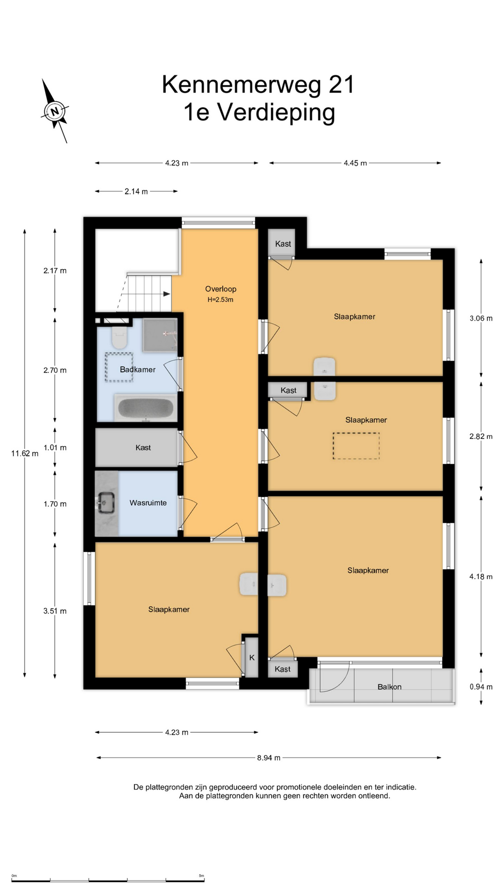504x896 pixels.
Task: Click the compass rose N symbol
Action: click(x=55, y=111)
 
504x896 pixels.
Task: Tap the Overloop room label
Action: click(x=221, y=289)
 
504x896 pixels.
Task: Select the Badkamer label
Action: click(x=138, y=370)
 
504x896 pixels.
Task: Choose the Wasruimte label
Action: click(x=148, y=503)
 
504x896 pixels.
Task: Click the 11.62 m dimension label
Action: click(x=25, y=453)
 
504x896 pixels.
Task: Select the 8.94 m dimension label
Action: click(x=269, y=758)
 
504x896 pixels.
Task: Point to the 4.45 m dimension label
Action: click(x=355, y=163)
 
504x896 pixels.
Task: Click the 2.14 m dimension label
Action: click(x=136, y=191)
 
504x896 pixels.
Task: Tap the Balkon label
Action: click(x=390, y=687)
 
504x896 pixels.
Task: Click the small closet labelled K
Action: click(x=252, y=658)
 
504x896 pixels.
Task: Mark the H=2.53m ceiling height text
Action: click(x=220, y=300)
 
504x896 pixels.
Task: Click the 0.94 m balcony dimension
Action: click(x=481, y=687)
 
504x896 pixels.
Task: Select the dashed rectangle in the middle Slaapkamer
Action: click(x=356, y=446)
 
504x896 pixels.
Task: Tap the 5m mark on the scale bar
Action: click(x=202, y=876)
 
